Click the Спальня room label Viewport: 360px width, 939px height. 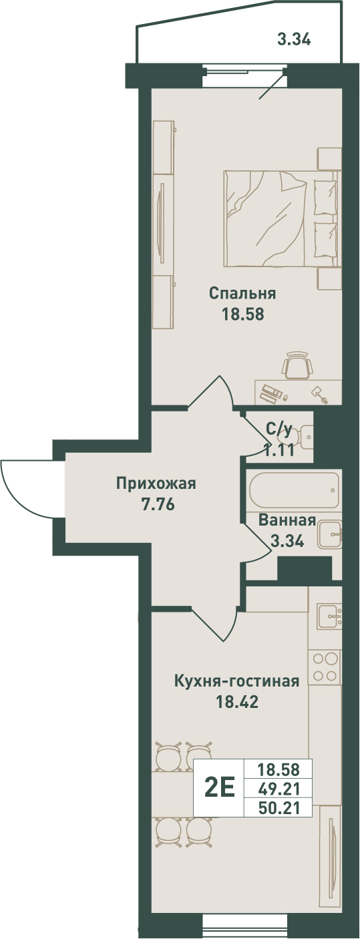tap(242, 293)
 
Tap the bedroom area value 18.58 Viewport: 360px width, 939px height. tap(243, 314)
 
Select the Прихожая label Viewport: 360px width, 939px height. tap(156, 484)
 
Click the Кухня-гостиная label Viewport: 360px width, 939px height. tap(237, 681)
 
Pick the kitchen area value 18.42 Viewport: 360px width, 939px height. tap(237, 701)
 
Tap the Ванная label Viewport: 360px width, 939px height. tap(287, 520)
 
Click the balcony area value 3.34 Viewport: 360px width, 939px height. tap(294, 40)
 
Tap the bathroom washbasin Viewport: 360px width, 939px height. tap(330, 534)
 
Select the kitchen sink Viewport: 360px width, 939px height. tap(329, 616)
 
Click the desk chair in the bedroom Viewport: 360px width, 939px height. tap(298, 365)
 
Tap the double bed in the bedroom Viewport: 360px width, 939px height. tap(281, 218)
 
